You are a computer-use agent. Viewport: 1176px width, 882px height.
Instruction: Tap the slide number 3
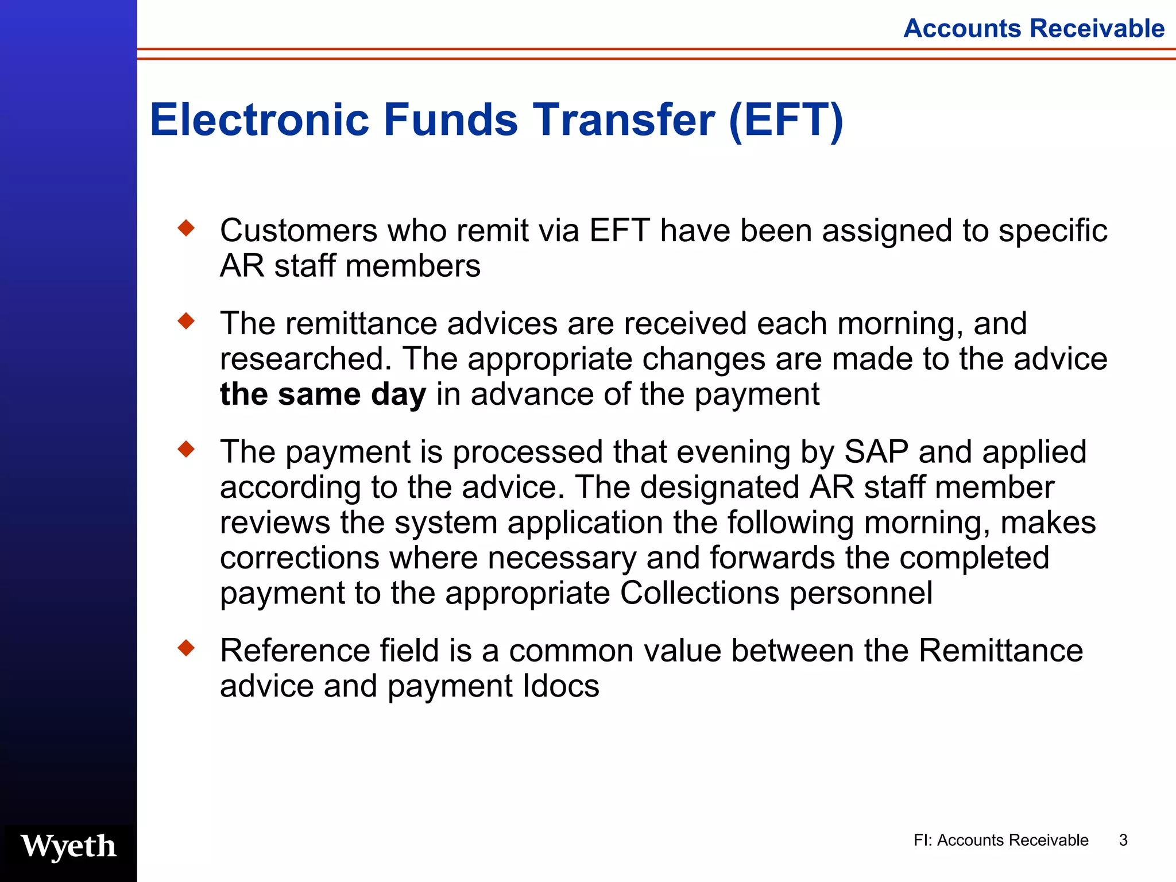click(1123, 840)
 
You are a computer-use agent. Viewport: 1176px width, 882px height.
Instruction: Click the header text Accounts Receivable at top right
click(1034, 28)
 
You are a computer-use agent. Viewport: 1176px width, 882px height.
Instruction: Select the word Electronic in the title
click(259, 120)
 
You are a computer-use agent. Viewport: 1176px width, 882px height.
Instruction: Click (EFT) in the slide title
click(786, 120)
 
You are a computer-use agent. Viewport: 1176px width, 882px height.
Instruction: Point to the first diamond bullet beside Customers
click(186, 229)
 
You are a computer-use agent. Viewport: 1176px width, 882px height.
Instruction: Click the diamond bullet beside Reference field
click(186, 648)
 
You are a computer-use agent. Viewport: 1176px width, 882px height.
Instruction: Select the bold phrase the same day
click(323, 394)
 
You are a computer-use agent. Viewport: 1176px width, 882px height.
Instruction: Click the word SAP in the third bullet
click(876, 451)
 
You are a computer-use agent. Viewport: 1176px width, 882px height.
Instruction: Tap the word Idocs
click(561, 686)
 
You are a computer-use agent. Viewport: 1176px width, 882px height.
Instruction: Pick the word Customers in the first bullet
click(299, 231)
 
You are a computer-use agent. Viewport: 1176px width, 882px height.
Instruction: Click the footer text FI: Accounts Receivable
click(1000, 840)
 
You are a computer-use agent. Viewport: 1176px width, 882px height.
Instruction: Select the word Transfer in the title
click(624, 120)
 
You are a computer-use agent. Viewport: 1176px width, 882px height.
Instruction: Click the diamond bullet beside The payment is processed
click(186, 449)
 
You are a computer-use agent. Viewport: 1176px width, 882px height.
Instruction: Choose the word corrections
click(300, 558)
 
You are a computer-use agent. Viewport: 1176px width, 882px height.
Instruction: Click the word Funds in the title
click(451, 120)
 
